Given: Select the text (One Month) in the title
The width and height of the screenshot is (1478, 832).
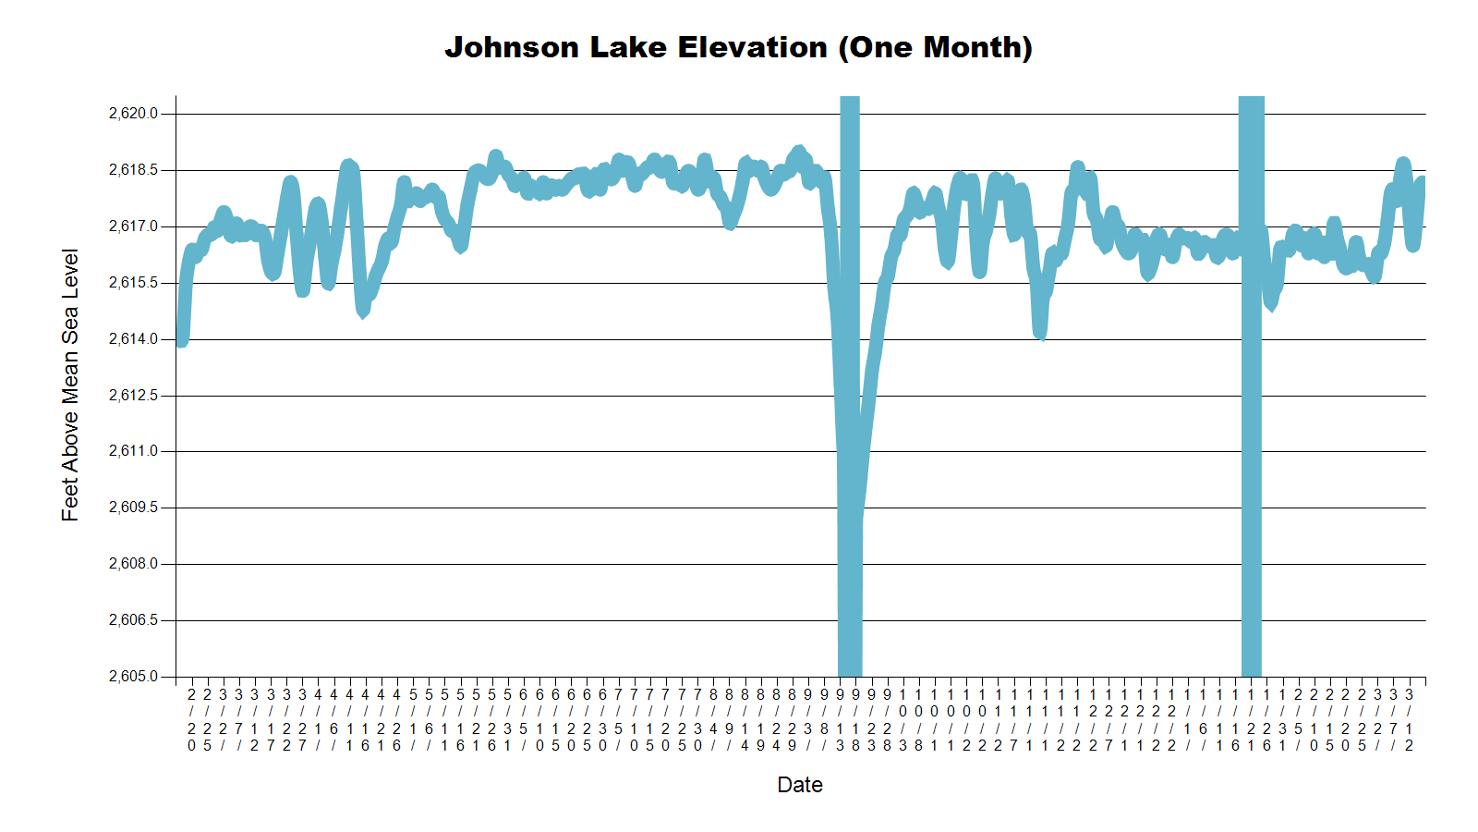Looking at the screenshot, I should (935, 48).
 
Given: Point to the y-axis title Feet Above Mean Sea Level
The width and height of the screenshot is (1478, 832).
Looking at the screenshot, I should (70, 385).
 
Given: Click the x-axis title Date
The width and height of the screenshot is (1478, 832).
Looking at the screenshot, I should (800, 785).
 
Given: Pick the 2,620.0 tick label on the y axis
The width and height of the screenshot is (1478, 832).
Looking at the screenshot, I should (133, 114).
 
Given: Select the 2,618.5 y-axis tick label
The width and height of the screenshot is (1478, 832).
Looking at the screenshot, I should (133, 170).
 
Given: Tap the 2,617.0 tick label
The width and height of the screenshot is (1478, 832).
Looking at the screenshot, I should (133, 226).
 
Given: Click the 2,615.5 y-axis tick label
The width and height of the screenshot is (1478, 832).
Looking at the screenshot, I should (133, 283).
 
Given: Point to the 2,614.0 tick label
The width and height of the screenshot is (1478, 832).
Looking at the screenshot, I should (133, 339).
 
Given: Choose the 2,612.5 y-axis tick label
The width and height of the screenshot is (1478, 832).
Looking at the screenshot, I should (133, 396).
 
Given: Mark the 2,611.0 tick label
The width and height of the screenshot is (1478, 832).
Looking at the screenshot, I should (133, 451).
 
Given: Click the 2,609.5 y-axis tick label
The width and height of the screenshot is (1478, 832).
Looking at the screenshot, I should (133, 508).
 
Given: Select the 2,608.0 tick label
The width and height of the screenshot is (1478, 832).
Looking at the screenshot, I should (133, 564).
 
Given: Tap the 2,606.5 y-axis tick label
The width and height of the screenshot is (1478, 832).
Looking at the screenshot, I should (133, 620).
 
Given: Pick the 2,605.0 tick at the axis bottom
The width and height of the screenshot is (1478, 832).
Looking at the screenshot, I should (133, 677).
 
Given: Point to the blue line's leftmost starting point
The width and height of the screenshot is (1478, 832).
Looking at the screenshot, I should (181, 340).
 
